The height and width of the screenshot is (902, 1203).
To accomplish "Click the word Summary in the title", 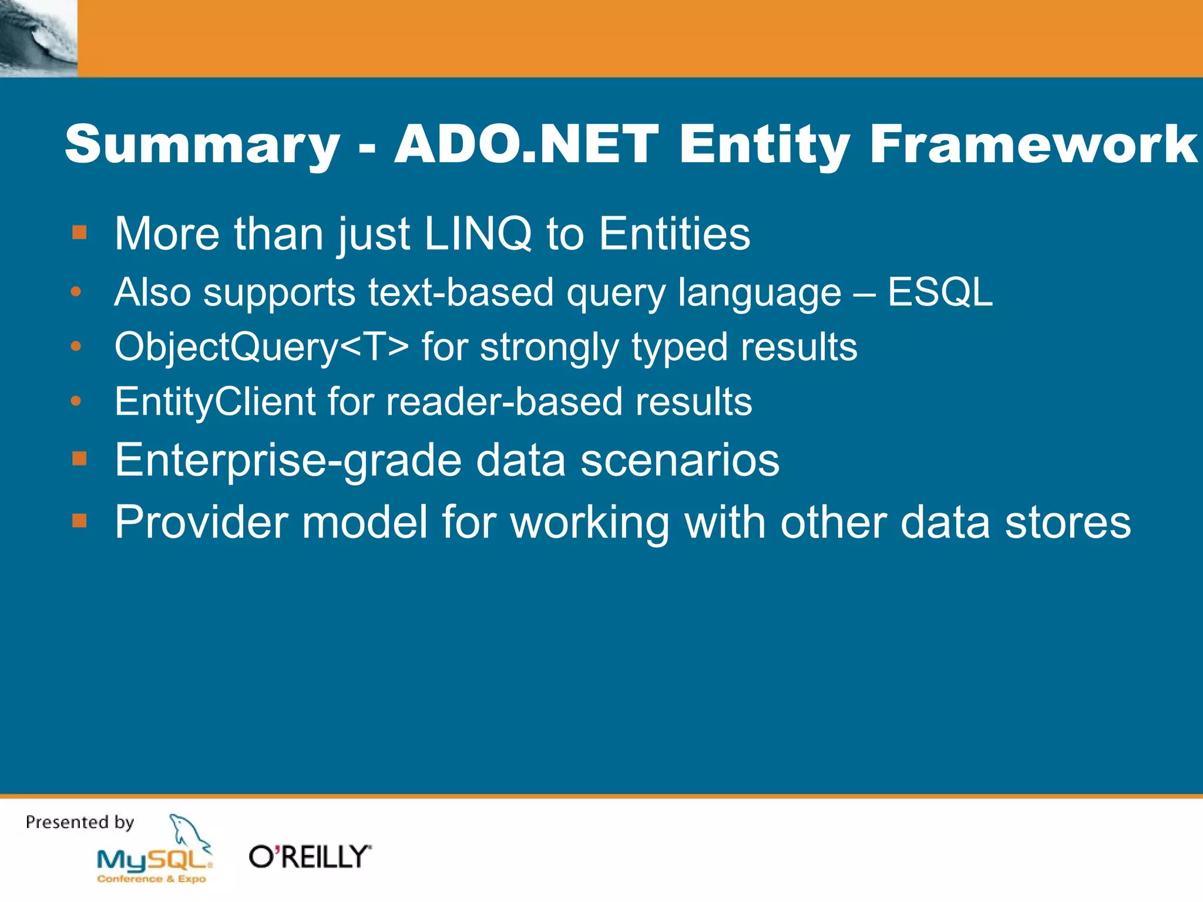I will [x=202, y=145].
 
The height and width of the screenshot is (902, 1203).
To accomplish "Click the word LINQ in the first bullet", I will [x=478, y=234].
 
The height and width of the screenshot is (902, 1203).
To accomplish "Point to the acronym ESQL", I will [x=940, y=292].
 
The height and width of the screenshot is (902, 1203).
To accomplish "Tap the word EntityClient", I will [x=215, y=402].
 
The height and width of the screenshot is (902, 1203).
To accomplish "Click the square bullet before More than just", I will [x=79, y=233].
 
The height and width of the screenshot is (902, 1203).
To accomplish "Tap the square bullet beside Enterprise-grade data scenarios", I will [x=79, y=458].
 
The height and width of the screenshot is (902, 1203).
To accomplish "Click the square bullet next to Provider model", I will [x=79, y=520].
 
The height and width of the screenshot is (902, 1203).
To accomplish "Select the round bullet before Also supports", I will [x=76, y=292].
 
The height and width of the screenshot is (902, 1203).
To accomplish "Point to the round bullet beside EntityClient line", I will [x=76, y=402].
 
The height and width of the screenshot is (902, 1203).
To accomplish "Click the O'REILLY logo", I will [x=310, y=857].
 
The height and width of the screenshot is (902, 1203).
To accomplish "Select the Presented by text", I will [x=80, y=822].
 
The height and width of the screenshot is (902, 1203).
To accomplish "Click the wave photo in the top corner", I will [x=38, y=38].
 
